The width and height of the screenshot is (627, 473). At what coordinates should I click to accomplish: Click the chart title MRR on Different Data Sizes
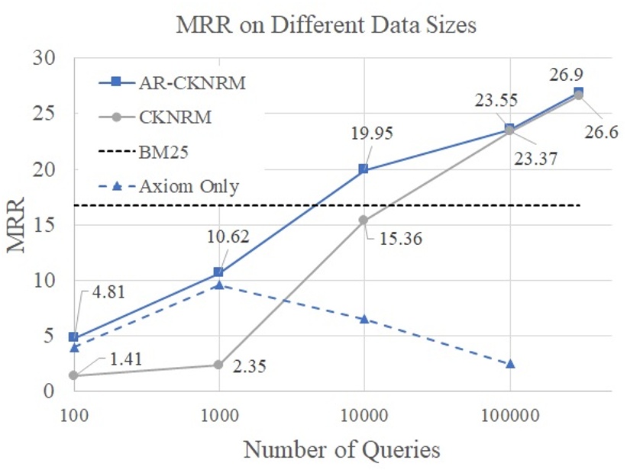pos(326,25)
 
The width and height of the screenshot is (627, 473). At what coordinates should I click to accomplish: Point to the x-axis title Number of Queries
pos(341,449)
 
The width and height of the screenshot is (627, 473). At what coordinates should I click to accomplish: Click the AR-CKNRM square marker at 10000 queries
pos(364,169)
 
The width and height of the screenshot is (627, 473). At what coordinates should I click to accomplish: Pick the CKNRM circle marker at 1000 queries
pos(219,365)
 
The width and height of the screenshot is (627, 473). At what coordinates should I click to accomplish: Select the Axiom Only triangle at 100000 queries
pos(510,364)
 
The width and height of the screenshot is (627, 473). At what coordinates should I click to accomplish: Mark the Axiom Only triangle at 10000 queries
pos(364,318)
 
